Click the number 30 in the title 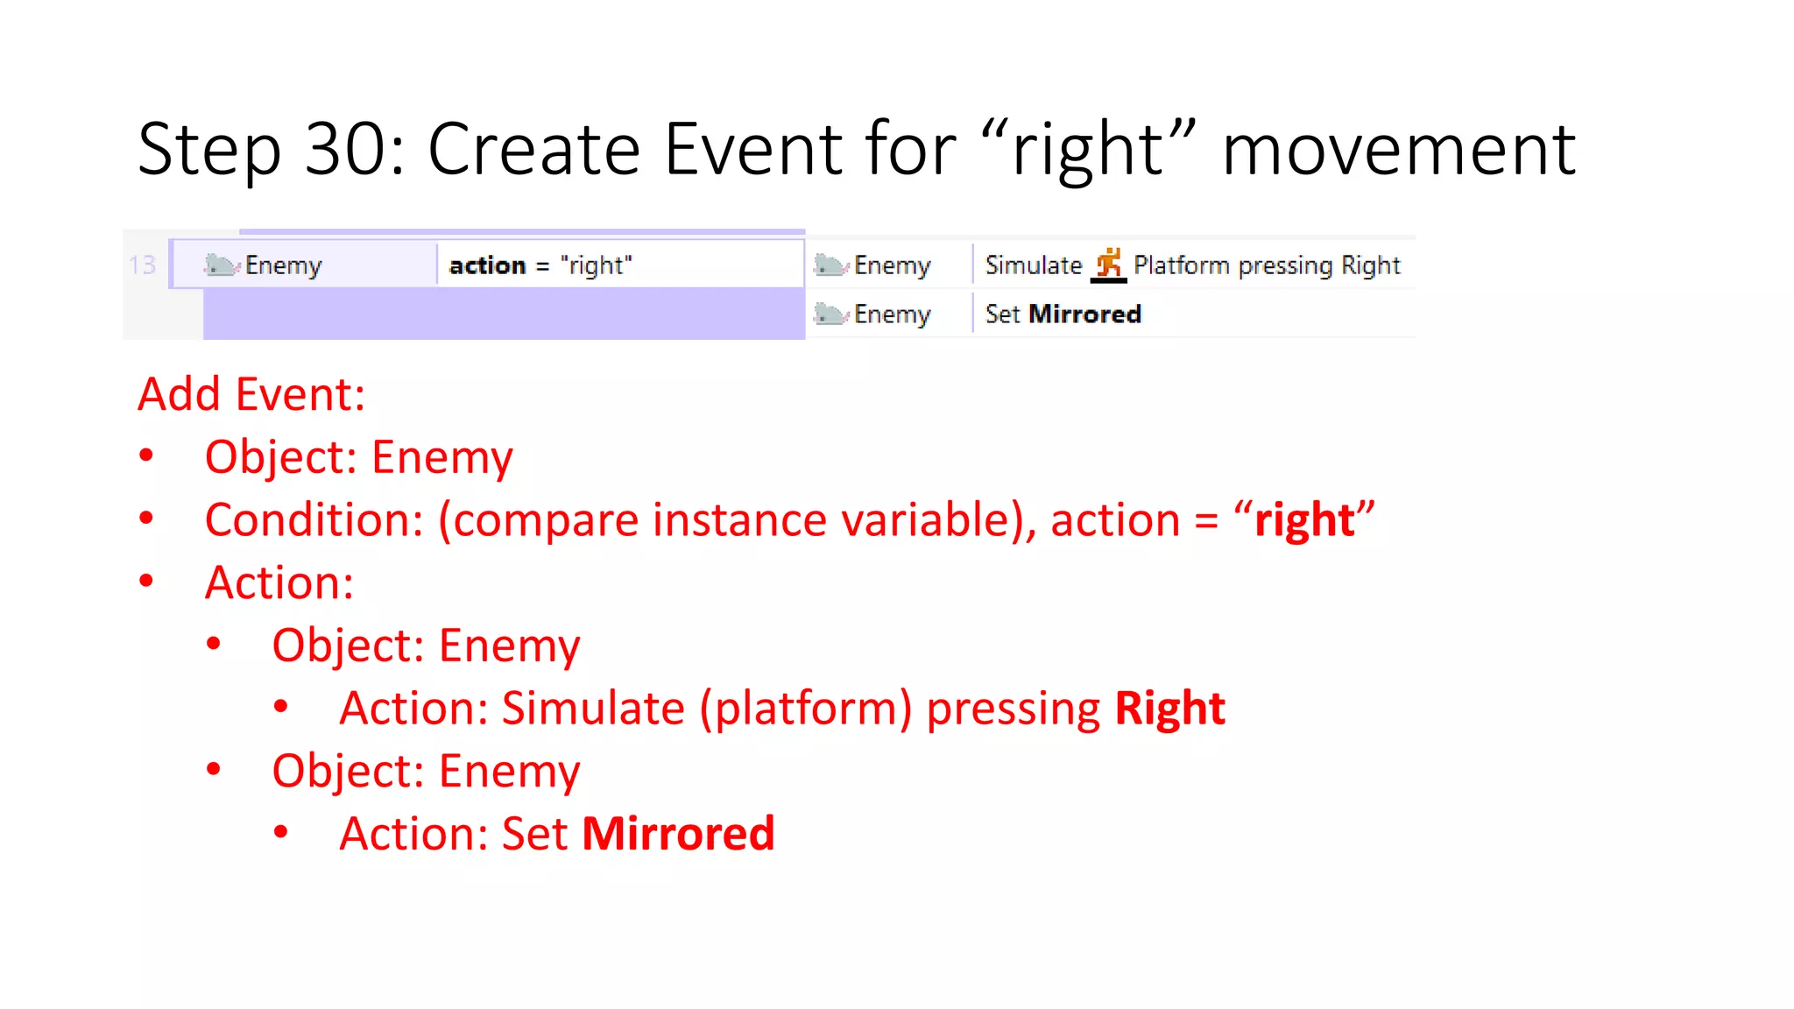(346, 149)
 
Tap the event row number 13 (142, 265)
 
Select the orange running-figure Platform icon (1108, 264)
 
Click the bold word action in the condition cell (487, 265)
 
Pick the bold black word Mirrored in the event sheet (1084, 314)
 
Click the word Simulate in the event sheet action (1034, 265)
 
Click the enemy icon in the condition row (221, 265)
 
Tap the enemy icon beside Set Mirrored (829, 314)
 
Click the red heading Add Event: (251, 394)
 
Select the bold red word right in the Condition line (1304, 520)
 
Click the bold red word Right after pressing (1169, 708)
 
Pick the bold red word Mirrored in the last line (678, 833)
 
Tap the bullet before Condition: (146, 519)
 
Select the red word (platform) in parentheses (805, 708)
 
